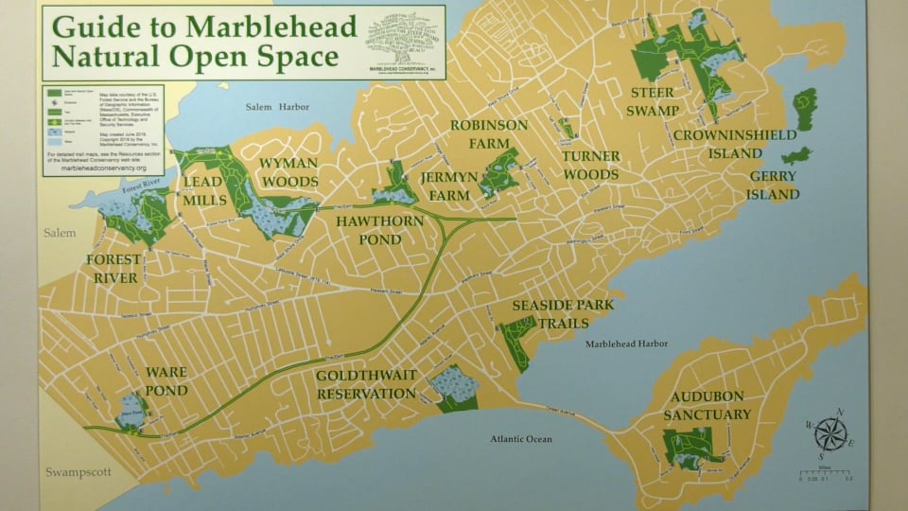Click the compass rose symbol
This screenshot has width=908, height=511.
(x=829, y=434)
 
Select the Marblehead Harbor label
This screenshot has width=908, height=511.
(x=626, y=344)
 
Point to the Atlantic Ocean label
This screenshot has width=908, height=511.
(x=521, y=439)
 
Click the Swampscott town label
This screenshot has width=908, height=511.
(x=78, y=471)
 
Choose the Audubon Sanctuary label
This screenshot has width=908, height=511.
(x=707, y=405)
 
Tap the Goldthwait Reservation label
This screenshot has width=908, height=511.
(x=366, y=384)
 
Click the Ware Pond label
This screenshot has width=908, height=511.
(x=166, y=381)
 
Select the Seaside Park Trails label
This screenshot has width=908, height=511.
(x=563, y=314)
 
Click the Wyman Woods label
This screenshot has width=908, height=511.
(x=288, y=171)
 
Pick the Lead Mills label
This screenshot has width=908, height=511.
(x=205, y=190)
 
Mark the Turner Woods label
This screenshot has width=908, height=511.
(x=590, y=166)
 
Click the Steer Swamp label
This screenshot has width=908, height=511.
(x=654, y=101)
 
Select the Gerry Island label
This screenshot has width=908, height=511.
(x=773, y=185)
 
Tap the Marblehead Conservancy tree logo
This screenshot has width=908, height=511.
(x=395, y=38)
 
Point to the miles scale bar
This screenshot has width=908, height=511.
(x=824, y=472)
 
